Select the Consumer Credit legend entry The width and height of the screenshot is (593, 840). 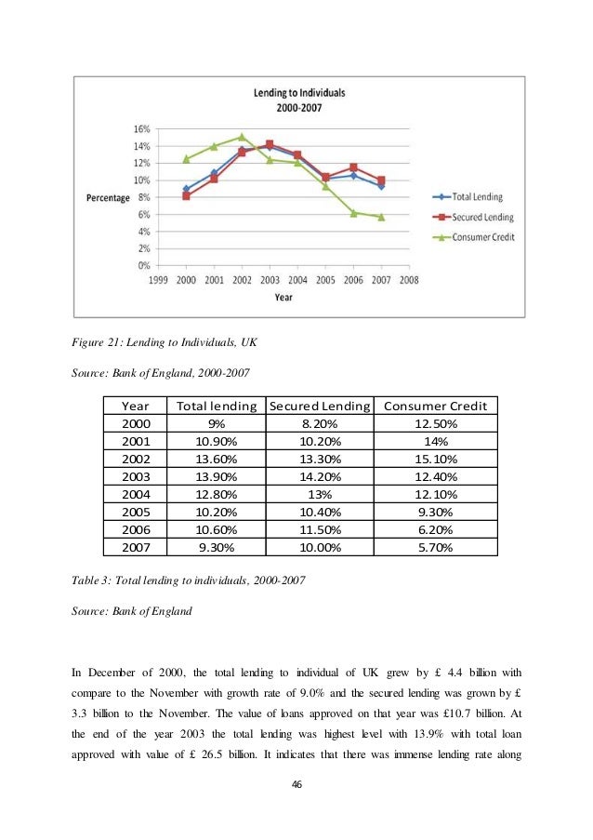(482, 236)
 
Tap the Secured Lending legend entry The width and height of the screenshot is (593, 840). (482, 217)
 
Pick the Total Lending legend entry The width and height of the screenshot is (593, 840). (479, 196)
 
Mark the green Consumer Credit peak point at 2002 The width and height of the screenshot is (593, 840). (242, 137)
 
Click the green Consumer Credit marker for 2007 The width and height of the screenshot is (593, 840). (381, 217)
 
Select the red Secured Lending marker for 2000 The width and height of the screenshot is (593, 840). (186, 196)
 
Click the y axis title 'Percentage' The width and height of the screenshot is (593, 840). (108, 198)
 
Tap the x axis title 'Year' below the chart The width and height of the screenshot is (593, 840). (283, 298)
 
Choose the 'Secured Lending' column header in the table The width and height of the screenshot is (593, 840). (319, 406)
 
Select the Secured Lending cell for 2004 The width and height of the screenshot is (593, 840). (319, 494)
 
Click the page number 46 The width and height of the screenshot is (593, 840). (296, 784)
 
